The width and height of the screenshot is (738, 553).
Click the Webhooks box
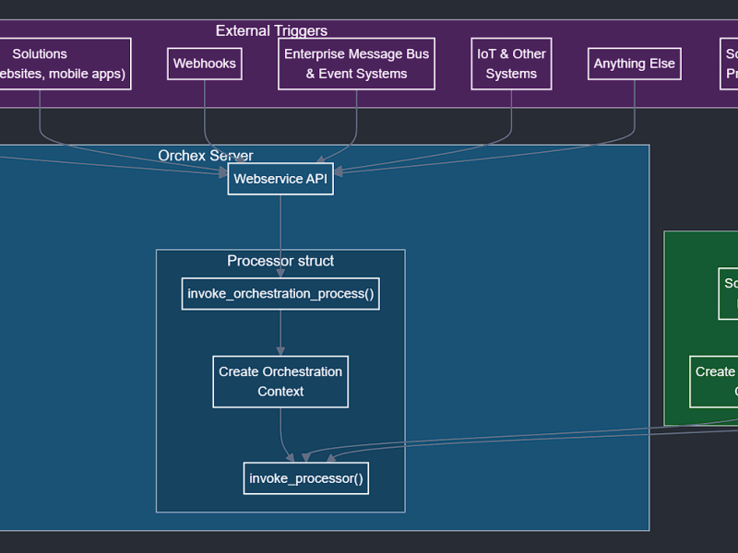coord(204,64)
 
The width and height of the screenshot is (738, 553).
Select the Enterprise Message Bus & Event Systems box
coord(356,64)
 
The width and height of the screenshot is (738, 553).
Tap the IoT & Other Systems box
coord(511,64)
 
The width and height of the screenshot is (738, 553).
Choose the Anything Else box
coord(634,64)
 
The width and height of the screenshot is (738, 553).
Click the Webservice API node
coord(280,179)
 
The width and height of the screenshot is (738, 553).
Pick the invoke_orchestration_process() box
coord(280,294)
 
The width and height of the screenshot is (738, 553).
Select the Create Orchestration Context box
coord(280,382)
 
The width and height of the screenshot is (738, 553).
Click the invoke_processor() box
coord(306,478)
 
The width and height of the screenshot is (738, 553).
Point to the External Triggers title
coord(271,31)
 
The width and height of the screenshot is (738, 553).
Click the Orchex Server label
coord(205,156)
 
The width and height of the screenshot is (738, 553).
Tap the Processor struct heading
coord(280,261)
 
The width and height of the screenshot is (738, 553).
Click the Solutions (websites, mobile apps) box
coord(55,64)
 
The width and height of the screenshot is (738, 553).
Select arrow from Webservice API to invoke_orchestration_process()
coord(280,235)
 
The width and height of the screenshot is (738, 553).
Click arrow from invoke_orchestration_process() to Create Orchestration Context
coord(280,332)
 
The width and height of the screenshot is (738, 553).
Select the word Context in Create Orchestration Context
coord(280,392)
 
